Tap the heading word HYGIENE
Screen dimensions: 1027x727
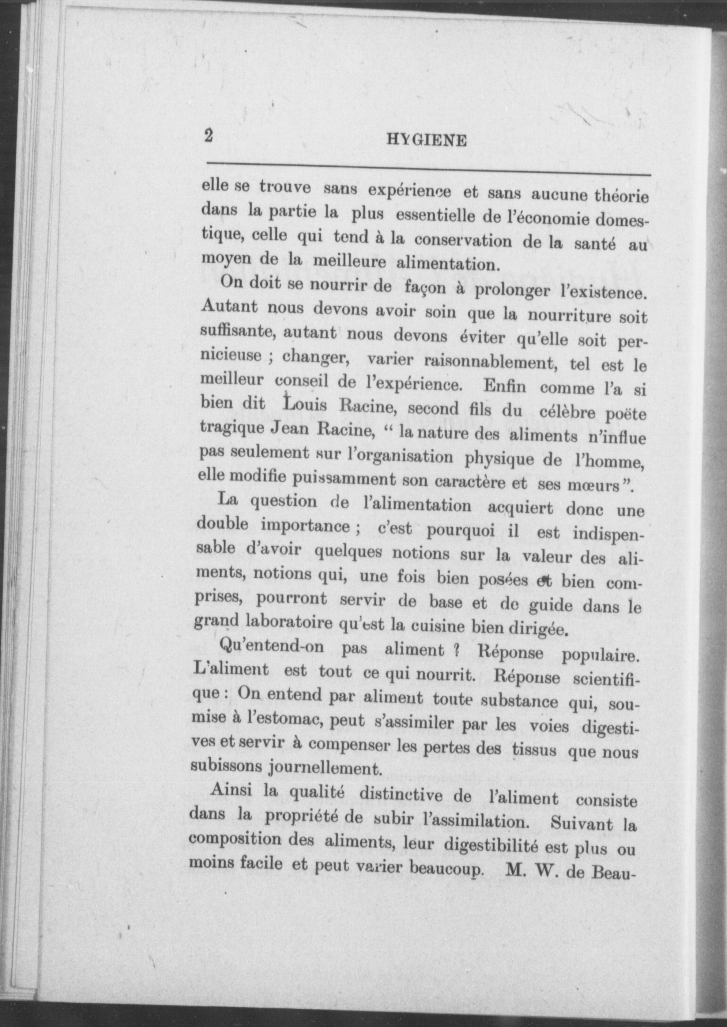427,141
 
